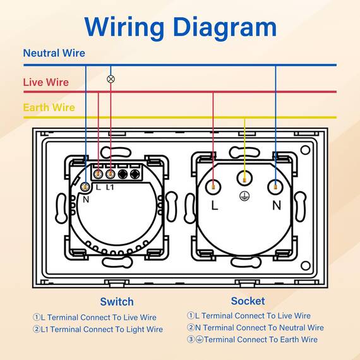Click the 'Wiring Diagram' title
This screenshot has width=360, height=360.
point(181,28)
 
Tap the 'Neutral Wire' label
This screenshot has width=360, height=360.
point(54,53)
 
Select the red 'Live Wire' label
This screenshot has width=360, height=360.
point(46,82)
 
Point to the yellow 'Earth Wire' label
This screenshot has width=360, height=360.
point(49,107)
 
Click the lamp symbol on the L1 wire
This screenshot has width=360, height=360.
point(111,79)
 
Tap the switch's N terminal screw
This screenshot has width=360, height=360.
point(85,187)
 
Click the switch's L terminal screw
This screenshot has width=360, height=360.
point(99,174)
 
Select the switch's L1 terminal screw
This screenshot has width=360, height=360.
point(111,174)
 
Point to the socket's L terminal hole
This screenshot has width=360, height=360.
point(213,187)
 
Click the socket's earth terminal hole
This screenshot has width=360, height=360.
point(244,177)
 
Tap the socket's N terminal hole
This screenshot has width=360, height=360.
point(275,187)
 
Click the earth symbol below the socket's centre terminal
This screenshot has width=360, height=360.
point(244,196)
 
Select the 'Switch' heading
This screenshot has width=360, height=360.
point(117,302)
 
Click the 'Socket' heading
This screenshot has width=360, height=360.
point(248,301)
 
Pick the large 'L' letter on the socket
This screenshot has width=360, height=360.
point(215,205)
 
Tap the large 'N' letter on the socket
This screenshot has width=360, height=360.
point(277,205)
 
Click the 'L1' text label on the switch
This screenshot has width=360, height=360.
point(110,188)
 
